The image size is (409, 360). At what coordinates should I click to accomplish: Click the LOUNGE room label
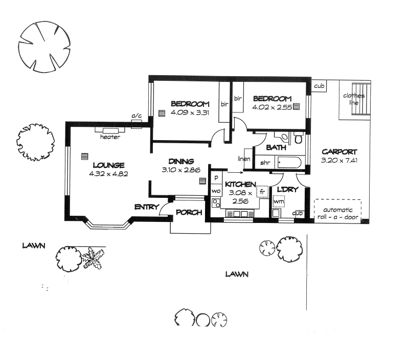(109, 165)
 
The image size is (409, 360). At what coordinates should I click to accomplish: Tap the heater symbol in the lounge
(110, 131)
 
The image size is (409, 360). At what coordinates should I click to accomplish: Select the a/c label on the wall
(137, 117)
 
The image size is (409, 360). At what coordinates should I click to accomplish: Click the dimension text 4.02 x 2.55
(271, 107)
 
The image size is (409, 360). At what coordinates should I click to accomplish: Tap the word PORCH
(189, 213)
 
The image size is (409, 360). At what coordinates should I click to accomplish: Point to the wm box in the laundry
(278, 201)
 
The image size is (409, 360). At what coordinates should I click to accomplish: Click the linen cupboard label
(243, 159)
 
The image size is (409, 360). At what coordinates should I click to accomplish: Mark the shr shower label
(265, 163)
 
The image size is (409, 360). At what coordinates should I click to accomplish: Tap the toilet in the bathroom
(299, 139)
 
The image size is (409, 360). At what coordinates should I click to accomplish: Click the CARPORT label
(339, 152)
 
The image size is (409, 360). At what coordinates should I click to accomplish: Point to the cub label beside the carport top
(320, 86)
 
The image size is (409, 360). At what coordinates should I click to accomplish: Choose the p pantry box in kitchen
(216, 177)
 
